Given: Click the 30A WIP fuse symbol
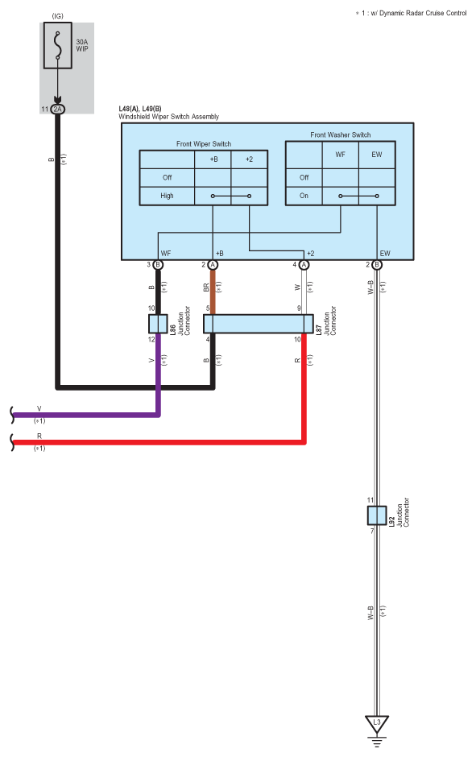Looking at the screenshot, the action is click(58, 45).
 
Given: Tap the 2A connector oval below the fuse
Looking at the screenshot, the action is click(57, 109).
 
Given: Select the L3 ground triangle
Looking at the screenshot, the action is click(377, 724).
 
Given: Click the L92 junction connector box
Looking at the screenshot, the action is click(377, 515).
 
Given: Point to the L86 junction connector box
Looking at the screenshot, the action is click(158, 324).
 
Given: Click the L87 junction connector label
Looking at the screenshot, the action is click(326, 321).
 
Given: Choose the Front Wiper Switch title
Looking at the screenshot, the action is click(204, 144).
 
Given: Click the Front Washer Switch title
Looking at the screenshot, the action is click(341, 134).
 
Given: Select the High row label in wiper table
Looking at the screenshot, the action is click(167, 196).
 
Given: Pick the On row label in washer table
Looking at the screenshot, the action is click(304, 196).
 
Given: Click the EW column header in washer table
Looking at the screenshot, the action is click(377, 155).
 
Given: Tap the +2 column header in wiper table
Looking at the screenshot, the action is click(249, 159).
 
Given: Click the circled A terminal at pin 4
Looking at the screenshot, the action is click(304, 265).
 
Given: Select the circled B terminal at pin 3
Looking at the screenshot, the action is click(158, 265).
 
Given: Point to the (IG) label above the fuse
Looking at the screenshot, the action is click(57, 16).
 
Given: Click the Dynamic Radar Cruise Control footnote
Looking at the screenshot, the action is click(411, 13).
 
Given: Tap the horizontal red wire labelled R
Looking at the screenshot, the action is click(159, 442).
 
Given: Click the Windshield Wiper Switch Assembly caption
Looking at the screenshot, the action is click(168, 116).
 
